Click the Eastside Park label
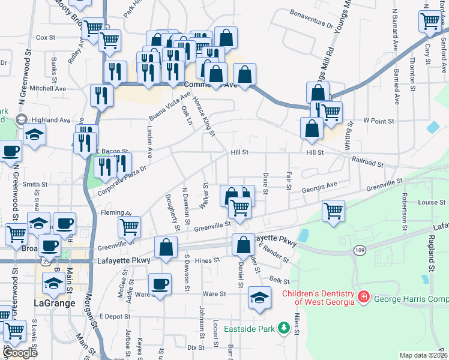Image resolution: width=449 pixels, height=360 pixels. pos(249,329)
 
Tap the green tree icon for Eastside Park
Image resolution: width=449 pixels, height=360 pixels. pos(282,329)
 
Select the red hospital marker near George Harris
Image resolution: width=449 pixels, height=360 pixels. pos(363,297)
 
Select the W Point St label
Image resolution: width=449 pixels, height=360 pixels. pos(378,121)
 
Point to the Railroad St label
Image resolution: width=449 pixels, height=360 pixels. pos(368,163)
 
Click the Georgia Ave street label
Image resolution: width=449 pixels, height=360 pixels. pos(320,189)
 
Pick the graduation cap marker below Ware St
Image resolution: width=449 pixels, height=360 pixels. pos(259,298)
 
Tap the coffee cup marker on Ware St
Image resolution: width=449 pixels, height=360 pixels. pos(160,283)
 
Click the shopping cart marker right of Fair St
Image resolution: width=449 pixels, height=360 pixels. pos(333,211)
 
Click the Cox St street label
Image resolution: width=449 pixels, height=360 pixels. pos(46,37)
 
